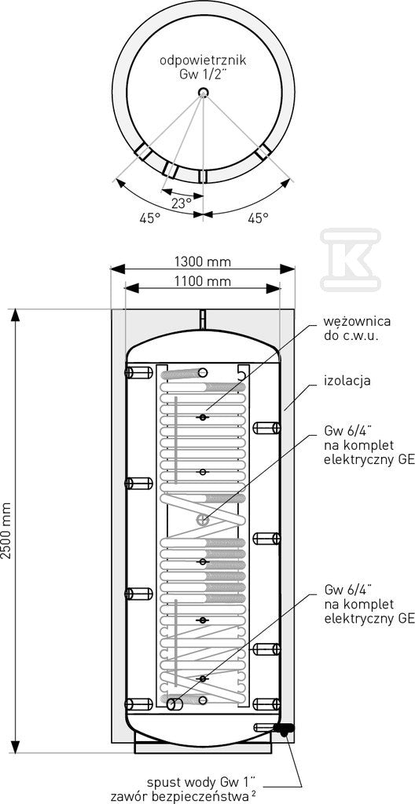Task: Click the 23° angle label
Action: [182, 203]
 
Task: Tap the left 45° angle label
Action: [136, 218]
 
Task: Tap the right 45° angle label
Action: [258, 218]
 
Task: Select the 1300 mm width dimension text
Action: [202, 262]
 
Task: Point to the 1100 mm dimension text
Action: [202, 281]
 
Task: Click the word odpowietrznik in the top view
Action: [203, 60]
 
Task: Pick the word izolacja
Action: [347, 381]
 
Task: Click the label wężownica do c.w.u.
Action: [357, 329]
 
